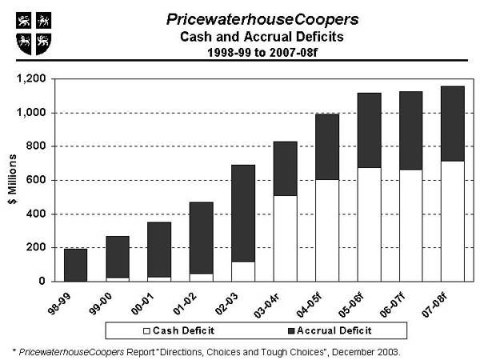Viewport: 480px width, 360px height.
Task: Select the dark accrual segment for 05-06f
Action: [369, 130]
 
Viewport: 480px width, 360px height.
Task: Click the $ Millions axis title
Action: [10, 180]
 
